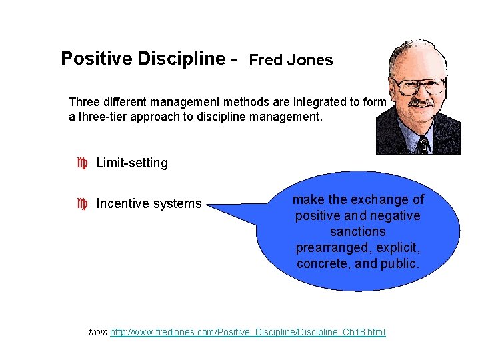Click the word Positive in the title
(x=96, y=59)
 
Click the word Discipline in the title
(x=181, y=59)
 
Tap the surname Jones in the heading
(x=311, y=60)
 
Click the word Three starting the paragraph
(x=84, y=102)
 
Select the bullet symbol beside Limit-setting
(x=83, y=163)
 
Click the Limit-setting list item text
(x=132, y=163)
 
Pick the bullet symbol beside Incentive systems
(x=83, y=203)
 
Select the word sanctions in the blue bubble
(x=358, y=232)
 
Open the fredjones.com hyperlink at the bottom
(x=247, y=332)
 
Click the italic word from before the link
(x=98, y=332)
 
